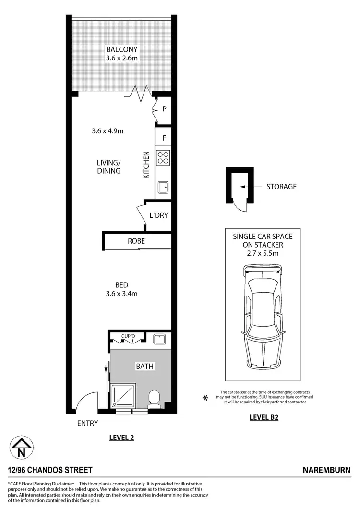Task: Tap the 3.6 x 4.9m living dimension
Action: tap(108, 130)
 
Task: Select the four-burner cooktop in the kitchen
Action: tap(163, 157)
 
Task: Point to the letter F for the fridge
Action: tap(164, 138)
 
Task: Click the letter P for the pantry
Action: tap(164, 109)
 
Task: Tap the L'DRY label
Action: tap(158, 215)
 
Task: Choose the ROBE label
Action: tap(136, 241)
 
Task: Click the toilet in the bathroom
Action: tap(154, 398)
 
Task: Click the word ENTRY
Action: tap(87, 423)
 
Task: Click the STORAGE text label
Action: tap(281, 187)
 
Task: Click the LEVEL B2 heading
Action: tap(264, 417)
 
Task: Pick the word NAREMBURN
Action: tap(326, 470)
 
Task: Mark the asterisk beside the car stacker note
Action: tap(205, 398)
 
